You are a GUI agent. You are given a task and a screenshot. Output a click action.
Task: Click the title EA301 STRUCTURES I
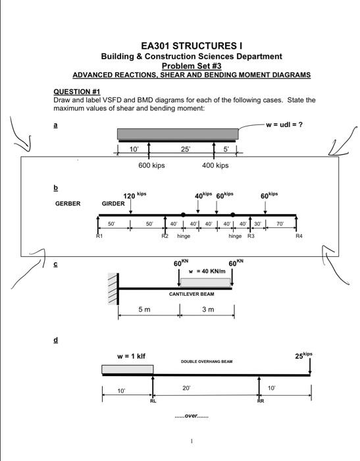coord(192,45)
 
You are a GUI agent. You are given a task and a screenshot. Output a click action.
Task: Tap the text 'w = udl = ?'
coord(285,124)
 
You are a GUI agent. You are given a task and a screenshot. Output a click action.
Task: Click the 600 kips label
coord(151,165)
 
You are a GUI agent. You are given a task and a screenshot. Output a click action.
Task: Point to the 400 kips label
coord(215,165)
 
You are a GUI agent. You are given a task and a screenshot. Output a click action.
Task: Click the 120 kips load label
coord(134,196)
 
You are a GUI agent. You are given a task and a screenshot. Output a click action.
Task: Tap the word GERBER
coord(68,203)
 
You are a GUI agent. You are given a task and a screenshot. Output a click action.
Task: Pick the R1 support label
coord(99,235)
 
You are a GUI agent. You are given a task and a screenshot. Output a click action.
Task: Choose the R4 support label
coord(299,235)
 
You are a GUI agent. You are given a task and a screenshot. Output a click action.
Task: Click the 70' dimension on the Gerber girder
coord(280,224)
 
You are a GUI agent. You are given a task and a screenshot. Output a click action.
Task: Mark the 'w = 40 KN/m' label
coord(207,271)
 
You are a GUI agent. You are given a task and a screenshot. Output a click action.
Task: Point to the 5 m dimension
coord(145,310)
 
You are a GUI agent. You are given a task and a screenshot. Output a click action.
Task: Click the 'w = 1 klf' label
coord(131,356)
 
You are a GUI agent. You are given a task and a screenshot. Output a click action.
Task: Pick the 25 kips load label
coord(303,356)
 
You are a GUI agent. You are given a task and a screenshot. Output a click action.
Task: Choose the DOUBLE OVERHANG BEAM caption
coord(207,362)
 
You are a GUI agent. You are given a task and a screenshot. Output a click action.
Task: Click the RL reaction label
coord(153,400)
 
